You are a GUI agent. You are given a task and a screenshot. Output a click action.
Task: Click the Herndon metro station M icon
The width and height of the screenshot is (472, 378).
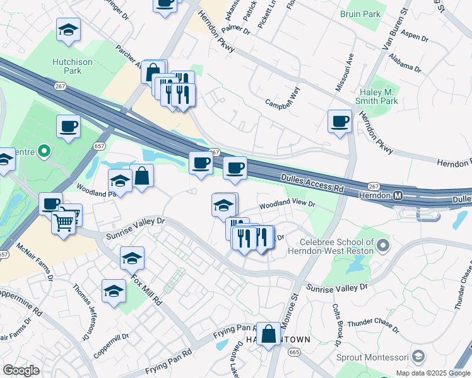tap(399, 195)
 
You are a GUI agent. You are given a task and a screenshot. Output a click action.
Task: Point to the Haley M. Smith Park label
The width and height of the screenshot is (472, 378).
tap(377, 95)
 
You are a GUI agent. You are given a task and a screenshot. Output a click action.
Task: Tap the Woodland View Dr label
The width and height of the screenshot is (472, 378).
tap(286, 205)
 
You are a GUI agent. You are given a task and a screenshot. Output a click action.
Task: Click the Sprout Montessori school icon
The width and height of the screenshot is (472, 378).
tap(418, 358)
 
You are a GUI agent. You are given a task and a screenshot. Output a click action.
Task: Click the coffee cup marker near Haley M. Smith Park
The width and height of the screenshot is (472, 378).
tap(340, 121)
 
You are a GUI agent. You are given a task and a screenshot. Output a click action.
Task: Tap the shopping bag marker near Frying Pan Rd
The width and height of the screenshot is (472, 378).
tap(269, 334)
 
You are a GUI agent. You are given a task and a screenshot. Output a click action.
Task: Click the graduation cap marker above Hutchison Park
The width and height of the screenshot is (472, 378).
tap(68, 29)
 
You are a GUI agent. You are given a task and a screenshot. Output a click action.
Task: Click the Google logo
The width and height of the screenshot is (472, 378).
tap(21, 370)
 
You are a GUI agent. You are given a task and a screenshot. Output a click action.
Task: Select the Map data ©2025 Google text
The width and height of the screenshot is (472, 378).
tap(433, 373)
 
